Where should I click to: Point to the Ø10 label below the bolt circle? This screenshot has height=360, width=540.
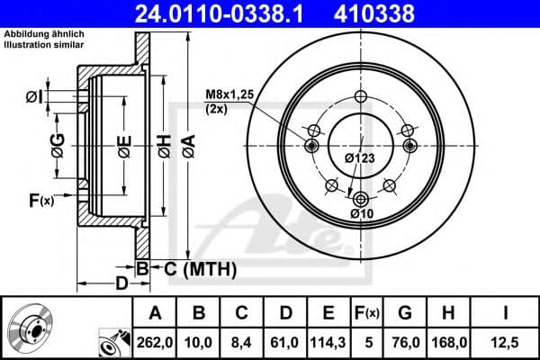pyautogui.click(x=361, y=213)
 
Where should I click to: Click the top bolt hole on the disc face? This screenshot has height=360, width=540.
pyautogui.click(x=361, y=98)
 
